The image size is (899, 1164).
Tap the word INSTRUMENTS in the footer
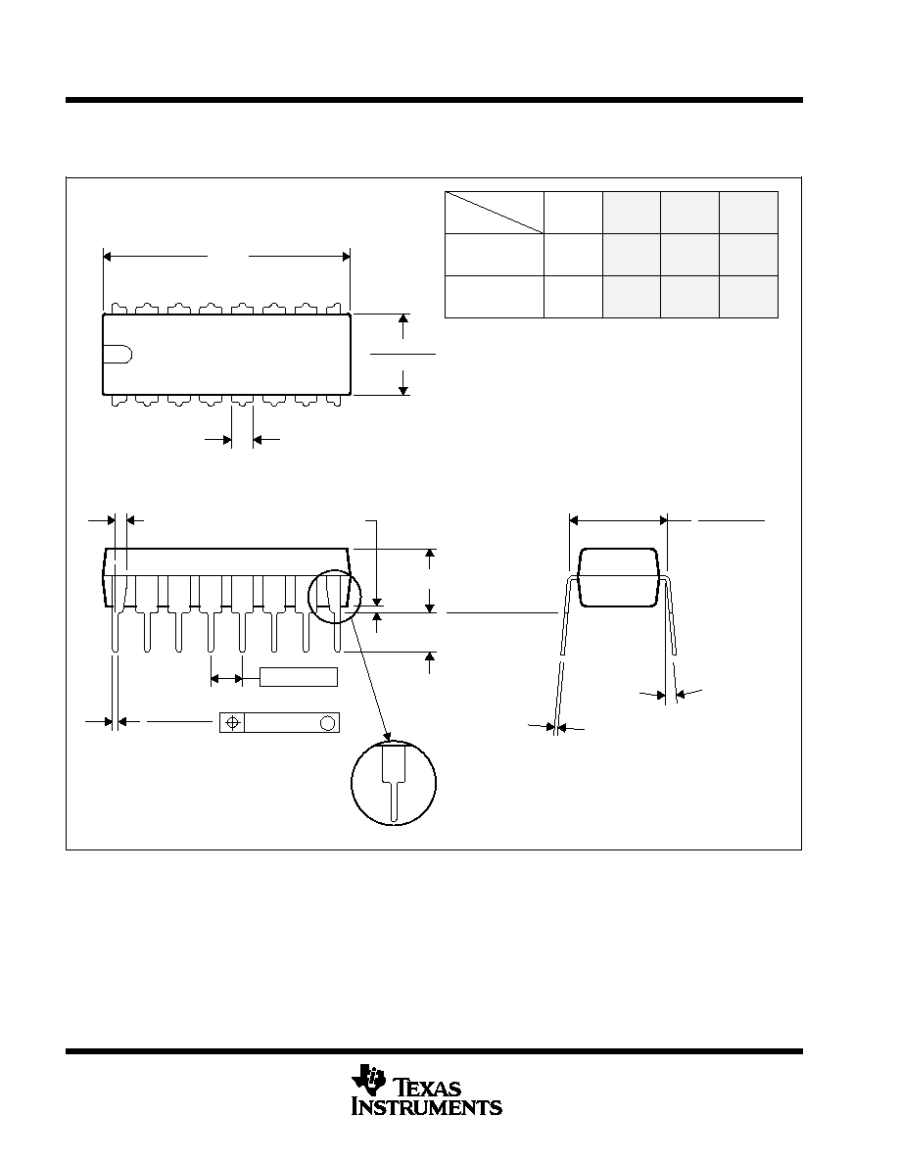pyautogui.click(x=427, y=1107)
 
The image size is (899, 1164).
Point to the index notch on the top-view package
pyautogui.click(x=118, y=355)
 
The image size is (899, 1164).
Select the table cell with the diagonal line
pyautogui.click(x=494, y=213)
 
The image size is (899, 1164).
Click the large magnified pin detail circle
pyautogui.click(x=393, y=783)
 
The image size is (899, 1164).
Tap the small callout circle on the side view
pyautogui.click(x=334, y=596)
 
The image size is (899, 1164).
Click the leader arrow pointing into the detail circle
pyautogui.click(x=371, y=680)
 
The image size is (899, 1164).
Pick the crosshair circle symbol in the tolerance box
pyautogui.click(x=233, y=722)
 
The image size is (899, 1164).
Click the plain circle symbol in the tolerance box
pyautogui.click(x=326, y=722)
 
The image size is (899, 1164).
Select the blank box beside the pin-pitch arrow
pyautogui.click(x=298, y=677)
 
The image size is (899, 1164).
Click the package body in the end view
pyautogui.click(x=619, y=577)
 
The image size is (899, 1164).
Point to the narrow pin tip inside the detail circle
pyautogui.click(x=393, y=801)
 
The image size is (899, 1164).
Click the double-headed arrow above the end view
pyautogui.click(x=619, y=520)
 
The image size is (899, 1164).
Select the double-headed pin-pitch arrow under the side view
pyautogui.click(x=227, y=678)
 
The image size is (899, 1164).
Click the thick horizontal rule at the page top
pyautogui.click(x=434, y=100)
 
